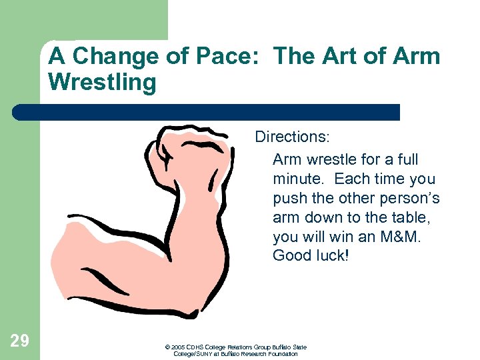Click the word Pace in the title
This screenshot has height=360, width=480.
coord(229,56)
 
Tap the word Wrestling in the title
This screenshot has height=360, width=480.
coord(102,83)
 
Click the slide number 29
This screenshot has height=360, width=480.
coord(19,341)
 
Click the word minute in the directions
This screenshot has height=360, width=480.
coord(297,179)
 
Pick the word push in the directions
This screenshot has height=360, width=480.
coord(288,199)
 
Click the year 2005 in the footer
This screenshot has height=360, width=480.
coord(178,347)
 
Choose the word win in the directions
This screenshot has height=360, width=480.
coord(335,237)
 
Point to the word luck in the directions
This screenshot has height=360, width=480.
coord(331,257)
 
